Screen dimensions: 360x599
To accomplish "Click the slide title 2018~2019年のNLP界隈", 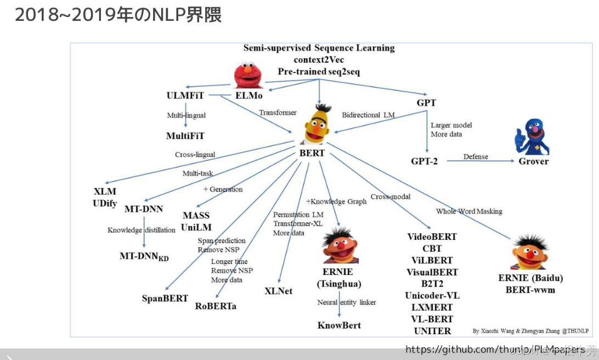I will pos(118,15).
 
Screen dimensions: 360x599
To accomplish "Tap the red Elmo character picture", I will pos(248,76).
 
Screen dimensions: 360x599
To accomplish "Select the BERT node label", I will pos(312,153).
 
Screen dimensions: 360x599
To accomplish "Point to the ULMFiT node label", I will pos(185,95).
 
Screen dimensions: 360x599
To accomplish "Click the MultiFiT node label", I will pos(185,136).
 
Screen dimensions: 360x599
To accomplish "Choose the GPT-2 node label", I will pos(424,161).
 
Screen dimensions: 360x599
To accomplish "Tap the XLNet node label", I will pos(278,291).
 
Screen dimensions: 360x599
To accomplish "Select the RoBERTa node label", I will pos(216,306).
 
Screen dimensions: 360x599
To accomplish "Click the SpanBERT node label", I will pos(165,299).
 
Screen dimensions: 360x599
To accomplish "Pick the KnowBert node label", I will pos(339,325).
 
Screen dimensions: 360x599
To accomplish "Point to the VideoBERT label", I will pos(432,237).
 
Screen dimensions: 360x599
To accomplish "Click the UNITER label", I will pos(432,331).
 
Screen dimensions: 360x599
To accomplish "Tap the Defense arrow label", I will pos(475,156).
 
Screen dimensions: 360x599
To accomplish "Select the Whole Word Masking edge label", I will pos(469,211).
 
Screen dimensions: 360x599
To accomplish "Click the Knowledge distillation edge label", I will pos(142,230).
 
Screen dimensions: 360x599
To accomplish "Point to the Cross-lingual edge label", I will pos(195,155).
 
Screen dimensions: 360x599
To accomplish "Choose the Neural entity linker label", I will pos(346,302).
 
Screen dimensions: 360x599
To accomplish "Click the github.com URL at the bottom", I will pos(494,349).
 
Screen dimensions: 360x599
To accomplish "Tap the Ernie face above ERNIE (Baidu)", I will pos(530,252).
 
